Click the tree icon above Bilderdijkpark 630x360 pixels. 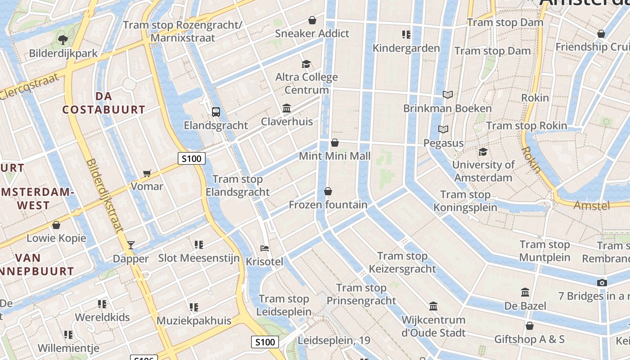63,40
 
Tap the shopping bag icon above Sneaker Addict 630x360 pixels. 312,20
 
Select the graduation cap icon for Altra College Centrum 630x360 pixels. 306,64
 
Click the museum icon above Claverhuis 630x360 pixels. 287,108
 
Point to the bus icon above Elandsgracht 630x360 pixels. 216,112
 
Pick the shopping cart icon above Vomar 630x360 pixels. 147,173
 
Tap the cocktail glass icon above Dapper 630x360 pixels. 131,245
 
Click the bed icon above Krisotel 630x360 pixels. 265,248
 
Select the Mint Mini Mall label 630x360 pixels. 335,156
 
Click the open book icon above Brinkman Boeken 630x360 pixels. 447,95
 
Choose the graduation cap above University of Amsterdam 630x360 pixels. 483,152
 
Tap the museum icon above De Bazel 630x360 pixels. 525,292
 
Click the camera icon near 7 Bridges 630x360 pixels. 602,283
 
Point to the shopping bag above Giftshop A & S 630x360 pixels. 530,325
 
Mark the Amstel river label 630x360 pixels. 592,206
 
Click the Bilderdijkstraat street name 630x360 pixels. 104,195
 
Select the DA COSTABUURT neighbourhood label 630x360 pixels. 104,103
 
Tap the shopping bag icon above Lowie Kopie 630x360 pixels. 56,225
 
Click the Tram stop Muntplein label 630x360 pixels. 545,251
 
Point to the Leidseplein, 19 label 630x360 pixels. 334,341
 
